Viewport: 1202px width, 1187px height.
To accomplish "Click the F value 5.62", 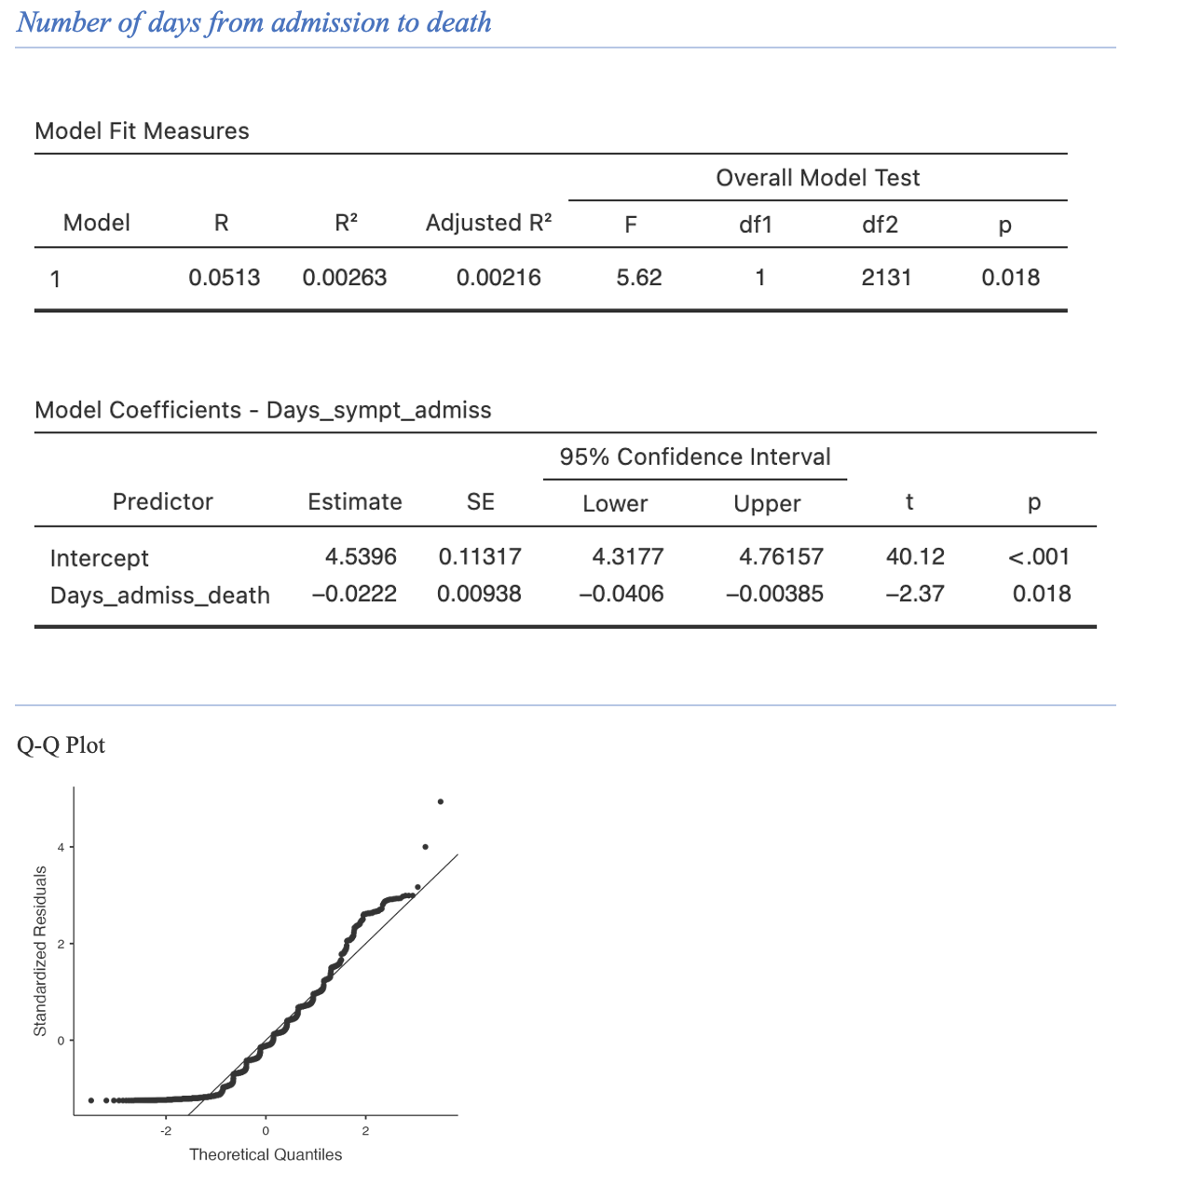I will point(639,278).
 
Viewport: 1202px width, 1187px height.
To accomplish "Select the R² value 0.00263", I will point(344,278).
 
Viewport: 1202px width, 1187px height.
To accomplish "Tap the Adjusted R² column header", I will point(488,224).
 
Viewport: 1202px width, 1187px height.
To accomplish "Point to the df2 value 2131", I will point(886,278).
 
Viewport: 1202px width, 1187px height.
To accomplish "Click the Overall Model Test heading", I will point(817,178).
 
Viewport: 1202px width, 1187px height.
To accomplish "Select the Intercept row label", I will point(99,558).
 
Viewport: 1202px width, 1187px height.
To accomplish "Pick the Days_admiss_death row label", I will point(159,595).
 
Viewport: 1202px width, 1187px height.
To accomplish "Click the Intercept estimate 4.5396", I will point(361,557).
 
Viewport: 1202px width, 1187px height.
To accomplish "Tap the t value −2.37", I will point(915,594).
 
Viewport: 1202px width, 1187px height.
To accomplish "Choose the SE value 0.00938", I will point(479,594).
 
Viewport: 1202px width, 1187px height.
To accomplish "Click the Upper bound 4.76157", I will point(781,557).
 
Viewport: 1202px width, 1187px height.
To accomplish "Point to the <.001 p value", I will point(1039,557).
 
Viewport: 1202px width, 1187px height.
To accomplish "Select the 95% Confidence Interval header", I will point(695,457).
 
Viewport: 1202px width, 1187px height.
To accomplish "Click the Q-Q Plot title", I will point(61,745).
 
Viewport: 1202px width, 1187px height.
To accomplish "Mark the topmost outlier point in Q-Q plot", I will point(441,801).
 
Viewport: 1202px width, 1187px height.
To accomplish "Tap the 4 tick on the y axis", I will point(61,847).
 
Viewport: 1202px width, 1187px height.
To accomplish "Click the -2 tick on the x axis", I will point(165,1131).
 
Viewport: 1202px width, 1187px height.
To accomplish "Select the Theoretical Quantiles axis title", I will point(266,1155).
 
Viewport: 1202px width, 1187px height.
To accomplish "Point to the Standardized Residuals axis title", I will point(40,950).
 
